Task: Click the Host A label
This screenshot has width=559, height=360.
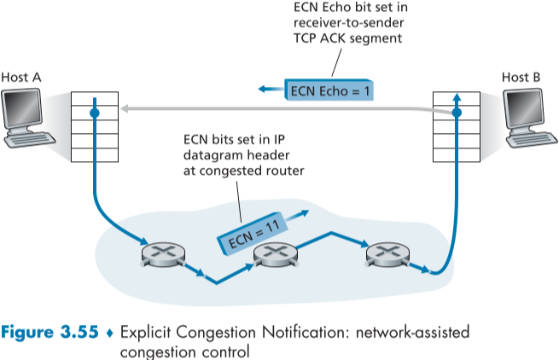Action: tap(21, 77)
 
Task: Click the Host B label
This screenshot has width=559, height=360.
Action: tap(521, 77)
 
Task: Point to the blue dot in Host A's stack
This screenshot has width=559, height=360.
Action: tap(95, 112)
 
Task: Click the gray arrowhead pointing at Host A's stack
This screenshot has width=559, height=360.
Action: tap(125, 108)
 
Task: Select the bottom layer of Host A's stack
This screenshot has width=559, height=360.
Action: tap(94, 156)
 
